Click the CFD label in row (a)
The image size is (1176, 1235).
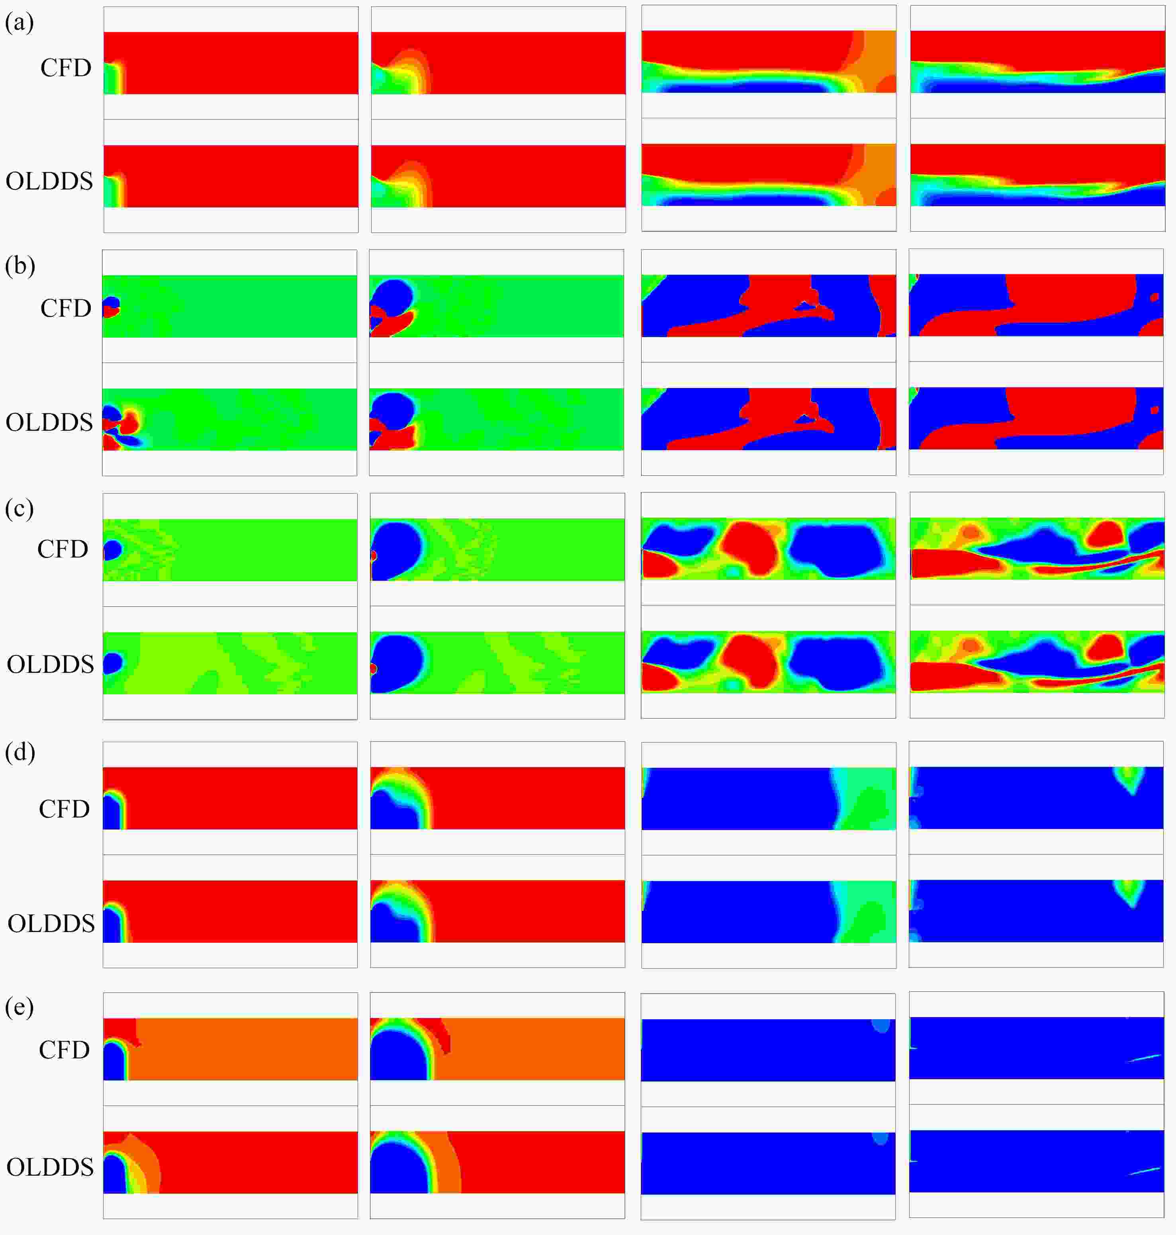pyautogui.click(x=66, y=68)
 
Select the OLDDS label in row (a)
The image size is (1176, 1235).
pyautogui.click(x=49, y=181)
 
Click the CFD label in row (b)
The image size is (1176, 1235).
pyautogui.click(x=66, y=308)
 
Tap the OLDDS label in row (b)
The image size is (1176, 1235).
pyautogui.click(x=49, y=422)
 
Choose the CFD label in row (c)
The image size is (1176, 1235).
pyautogui.click(x=63, y=549)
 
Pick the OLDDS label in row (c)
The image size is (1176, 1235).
pyautogui.click(x=50, y=664)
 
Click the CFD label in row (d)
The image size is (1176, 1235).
pyautogui.click(x=65, y=809)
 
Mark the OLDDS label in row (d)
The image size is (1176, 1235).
pyautogui.click(x=51, y=924)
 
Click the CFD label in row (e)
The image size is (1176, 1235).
pyautogui.click(x=65, y=1050)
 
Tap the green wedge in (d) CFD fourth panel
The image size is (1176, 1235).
pyautogui.click(x=1131, y=779)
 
